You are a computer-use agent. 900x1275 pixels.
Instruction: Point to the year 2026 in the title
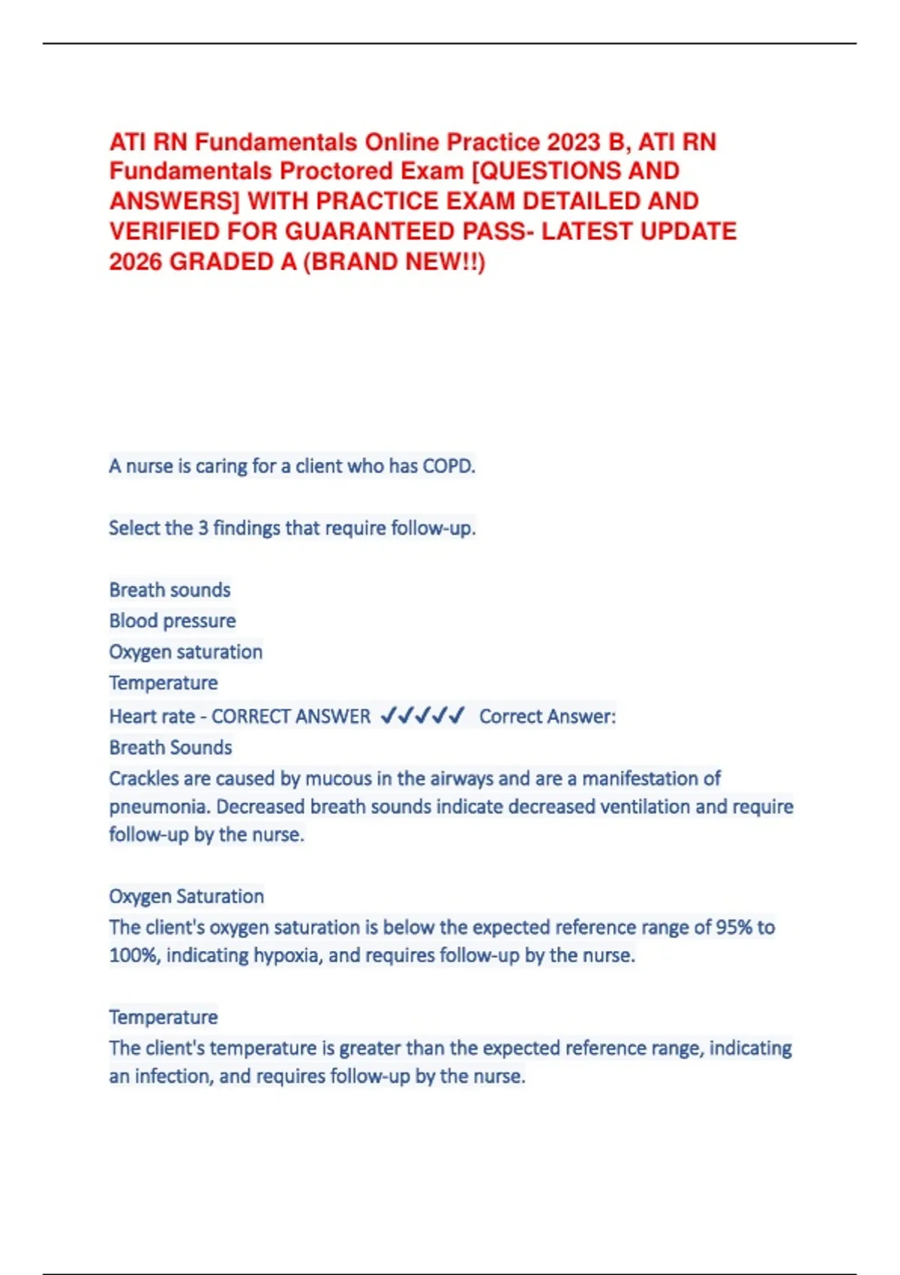136,262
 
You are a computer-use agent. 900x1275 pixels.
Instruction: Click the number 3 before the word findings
203,528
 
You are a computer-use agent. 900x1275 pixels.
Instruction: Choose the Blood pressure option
172,621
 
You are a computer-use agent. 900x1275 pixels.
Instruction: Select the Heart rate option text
151,716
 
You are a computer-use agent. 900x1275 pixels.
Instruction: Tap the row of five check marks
423,715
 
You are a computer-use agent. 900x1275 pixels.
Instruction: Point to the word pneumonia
157,807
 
